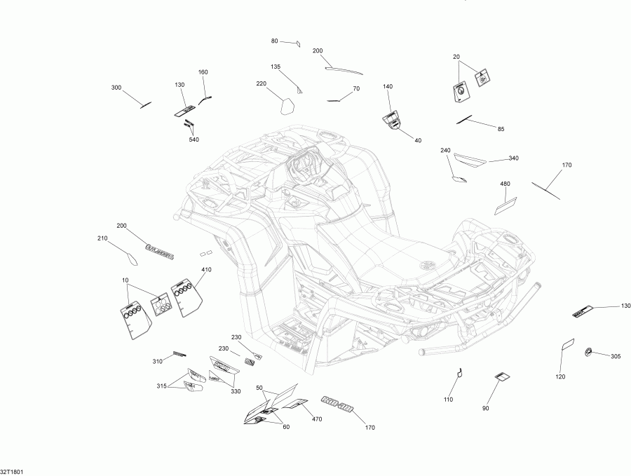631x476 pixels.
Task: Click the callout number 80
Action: (275, 41)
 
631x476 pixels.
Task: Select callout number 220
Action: (262, 83)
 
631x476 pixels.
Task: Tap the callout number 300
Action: (116, 88)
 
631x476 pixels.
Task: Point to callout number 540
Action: (194, 140)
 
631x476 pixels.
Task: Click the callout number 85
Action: (501, 128)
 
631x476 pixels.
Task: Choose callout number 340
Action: (513, 158)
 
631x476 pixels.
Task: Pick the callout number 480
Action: (505, 184)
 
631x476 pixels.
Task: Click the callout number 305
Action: (616, 357)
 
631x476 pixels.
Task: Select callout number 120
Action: (561, 376)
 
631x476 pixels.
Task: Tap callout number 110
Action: (448, 400)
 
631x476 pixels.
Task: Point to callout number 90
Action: (485, 409)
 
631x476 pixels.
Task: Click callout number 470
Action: (317, 419)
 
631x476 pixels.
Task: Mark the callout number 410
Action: (206, 270)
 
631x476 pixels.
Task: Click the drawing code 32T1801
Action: (12, 472)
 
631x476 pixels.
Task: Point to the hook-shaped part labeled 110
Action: (460, 373)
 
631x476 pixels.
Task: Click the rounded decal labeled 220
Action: (286, 106)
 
